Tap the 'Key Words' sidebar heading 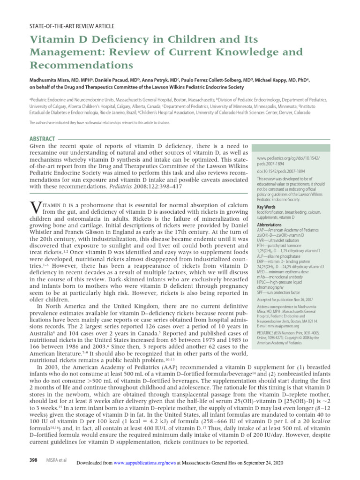coord(266,207)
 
